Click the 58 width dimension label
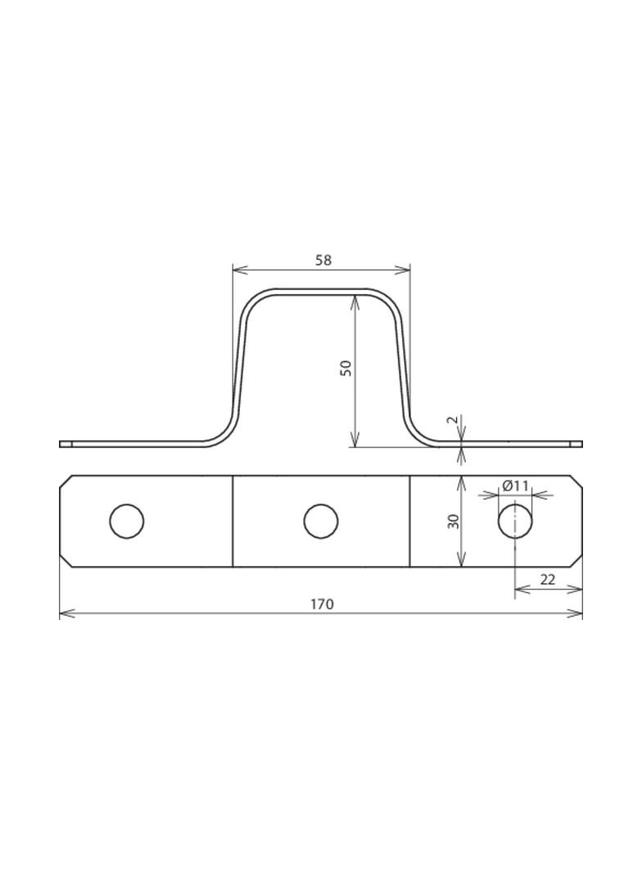[x=323, y=260]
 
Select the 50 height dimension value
[x=347, y=368]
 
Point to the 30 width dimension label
[x=453, y=521]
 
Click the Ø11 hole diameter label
[x=516, y=486]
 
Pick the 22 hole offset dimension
[x=548, y=580]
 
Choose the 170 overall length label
[x=322, y=604]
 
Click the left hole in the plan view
[x=126, y=521]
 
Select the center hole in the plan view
[x=321, y=521]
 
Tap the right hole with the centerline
[x=515, y=521]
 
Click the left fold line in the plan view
[x=233, y=521]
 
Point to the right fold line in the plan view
[x=409, y=521]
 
